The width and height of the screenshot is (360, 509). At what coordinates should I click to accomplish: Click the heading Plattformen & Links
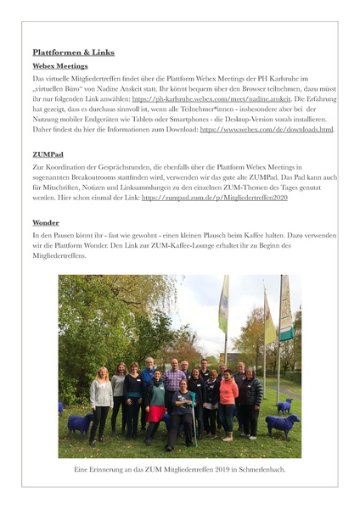pos(73,53)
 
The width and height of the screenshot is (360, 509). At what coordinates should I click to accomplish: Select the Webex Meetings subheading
pos(60,65)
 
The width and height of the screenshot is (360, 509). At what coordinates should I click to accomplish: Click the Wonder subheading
pos(46,222)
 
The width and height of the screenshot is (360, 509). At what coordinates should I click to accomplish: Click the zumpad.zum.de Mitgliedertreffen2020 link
pos(215,198)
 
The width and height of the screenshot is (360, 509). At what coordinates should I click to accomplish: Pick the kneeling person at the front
pos(183,416)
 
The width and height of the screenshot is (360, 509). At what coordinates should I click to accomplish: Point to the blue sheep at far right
pos(283,424)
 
